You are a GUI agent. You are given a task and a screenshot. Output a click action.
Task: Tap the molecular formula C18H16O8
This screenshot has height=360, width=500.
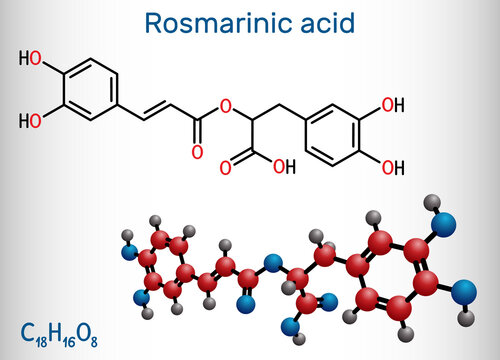[x=58, y=331]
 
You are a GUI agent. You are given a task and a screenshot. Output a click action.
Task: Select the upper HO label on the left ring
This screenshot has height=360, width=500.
[x=33, y=59]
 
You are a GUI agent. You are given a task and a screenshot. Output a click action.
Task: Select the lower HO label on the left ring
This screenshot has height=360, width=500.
[x=33, y=119]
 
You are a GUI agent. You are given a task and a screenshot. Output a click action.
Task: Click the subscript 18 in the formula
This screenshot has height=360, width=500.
[x=39, y=337]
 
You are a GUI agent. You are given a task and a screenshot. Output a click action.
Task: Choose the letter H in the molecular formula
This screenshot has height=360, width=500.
[x=54, y=330]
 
